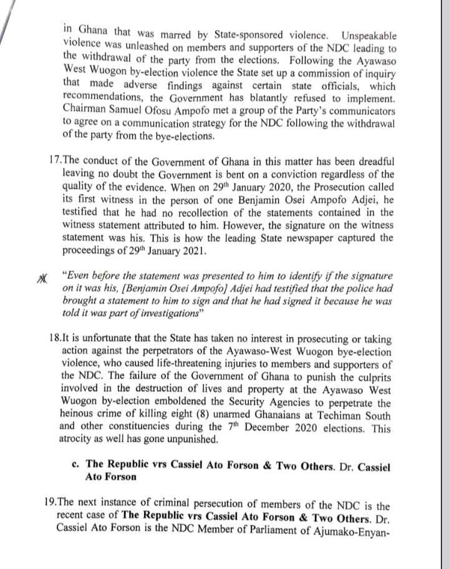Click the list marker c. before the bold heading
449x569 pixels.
[75, 465]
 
